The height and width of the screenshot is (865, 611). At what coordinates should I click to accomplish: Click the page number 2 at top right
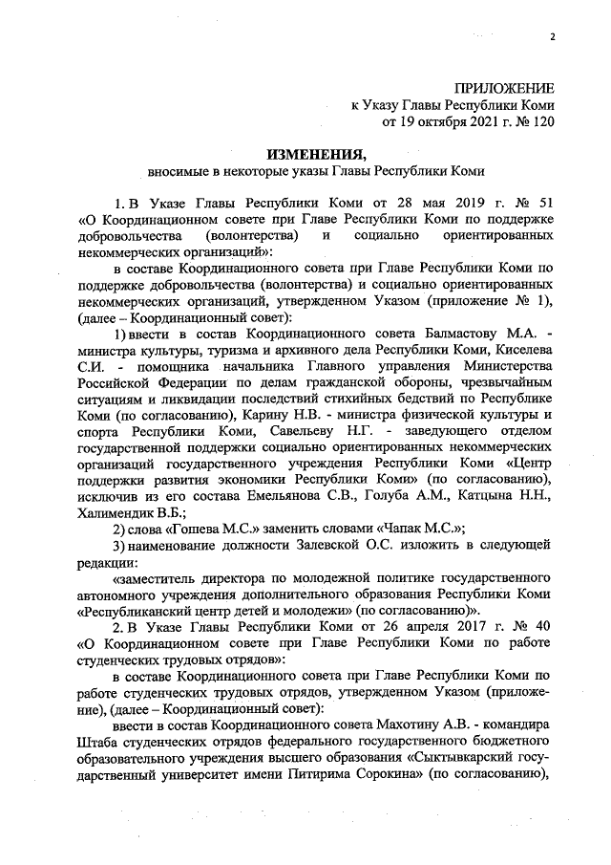tap(552, 37)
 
